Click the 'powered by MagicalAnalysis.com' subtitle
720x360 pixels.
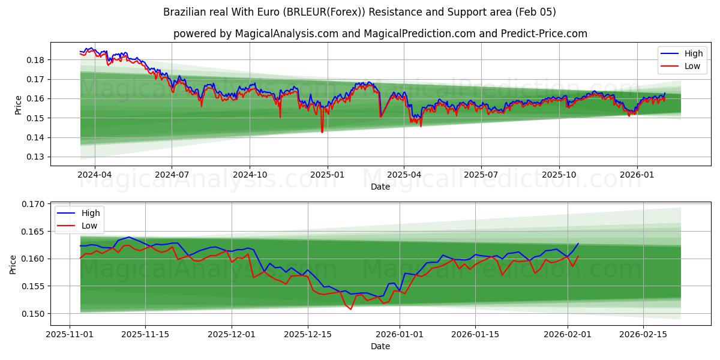click(380, 34)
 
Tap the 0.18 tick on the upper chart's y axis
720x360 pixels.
click(35, 60)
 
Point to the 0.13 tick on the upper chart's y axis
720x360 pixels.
click(35, 157)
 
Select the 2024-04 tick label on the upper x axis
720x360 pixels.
click(95, 175)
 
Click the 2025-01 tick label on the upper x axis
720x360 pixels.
click(327, 175)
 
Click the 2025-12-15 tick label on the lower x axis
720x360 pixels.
click(307, 334)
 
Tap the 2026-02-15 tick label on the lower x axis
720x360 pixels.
click(643, 334)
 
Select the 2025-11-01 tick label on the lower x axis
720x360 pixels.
click(70, 334)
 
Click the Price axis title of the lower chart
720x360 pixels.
click(13, 264)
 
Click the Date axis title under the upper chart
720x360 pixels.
click(380, 187)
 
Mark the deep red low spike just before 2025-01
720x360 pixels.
click(322, 131)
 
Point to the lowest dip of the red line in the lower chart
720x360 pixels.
click(351, 308)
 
